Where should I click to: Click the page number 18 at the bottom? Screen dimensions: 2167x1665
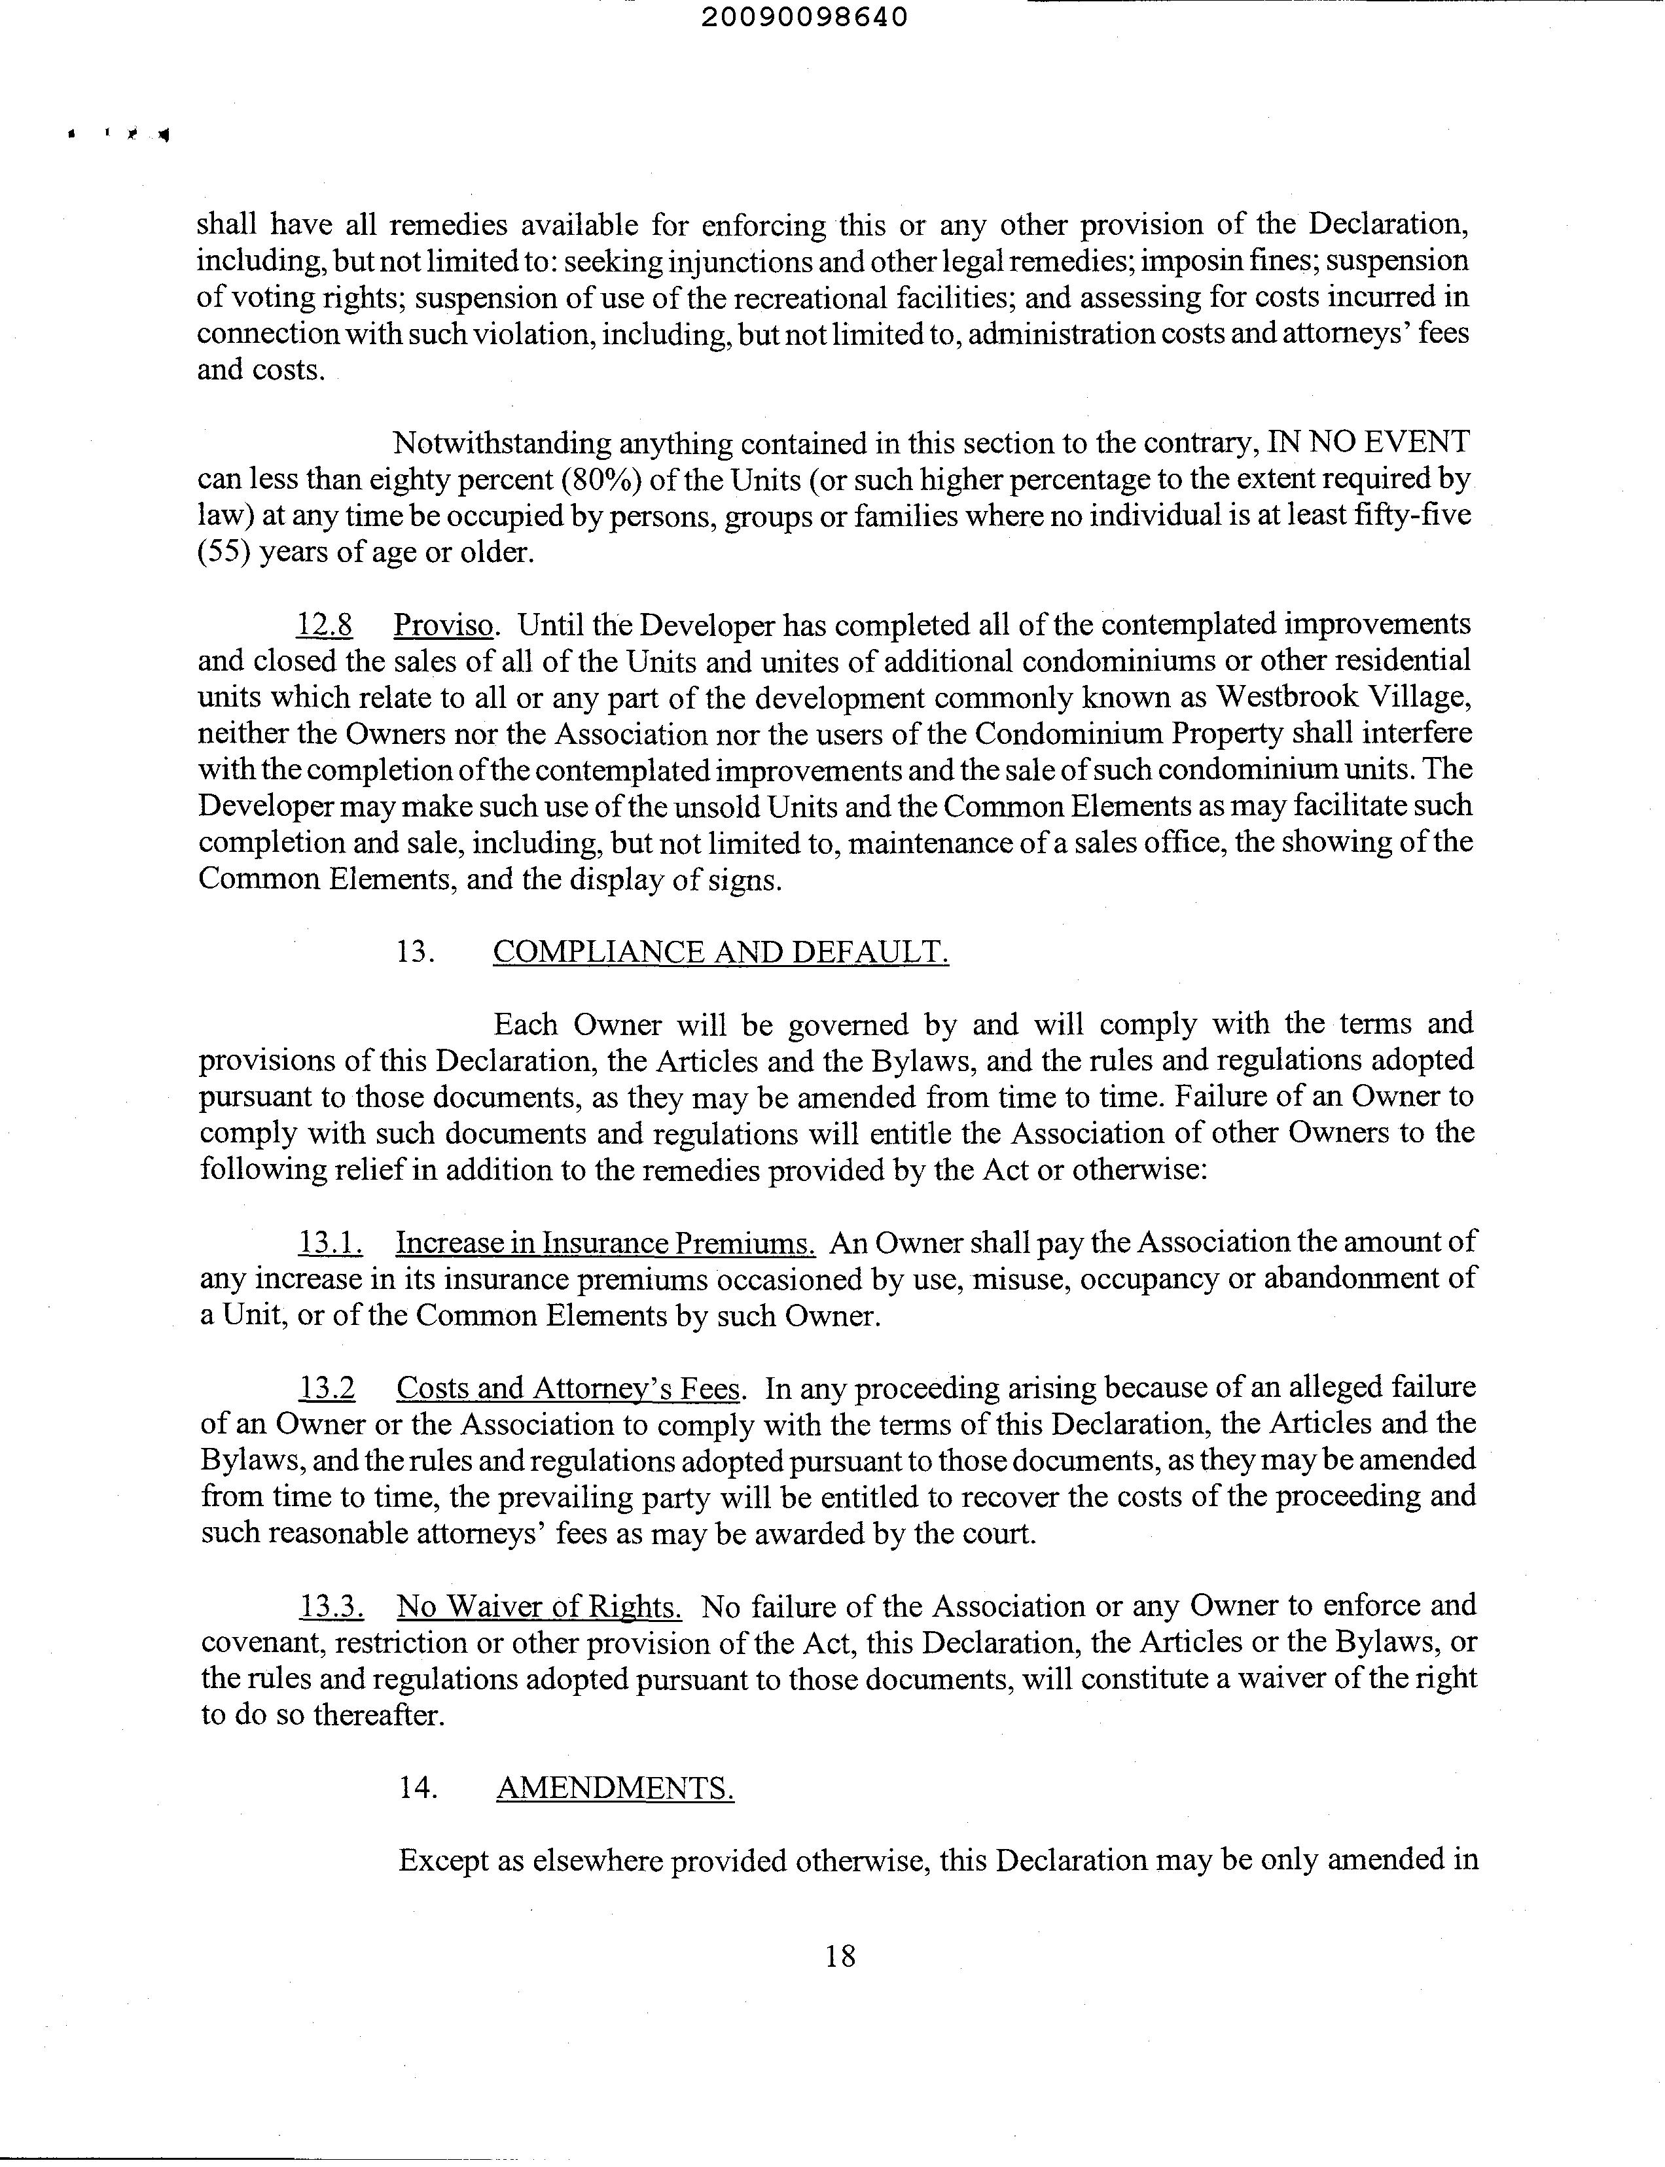(840, 1955)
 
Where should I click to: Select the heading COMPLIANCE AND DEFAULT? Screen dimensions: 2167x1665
(721, 951)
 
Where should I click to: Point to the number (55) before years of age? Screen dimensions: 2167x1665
(224, 552)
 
